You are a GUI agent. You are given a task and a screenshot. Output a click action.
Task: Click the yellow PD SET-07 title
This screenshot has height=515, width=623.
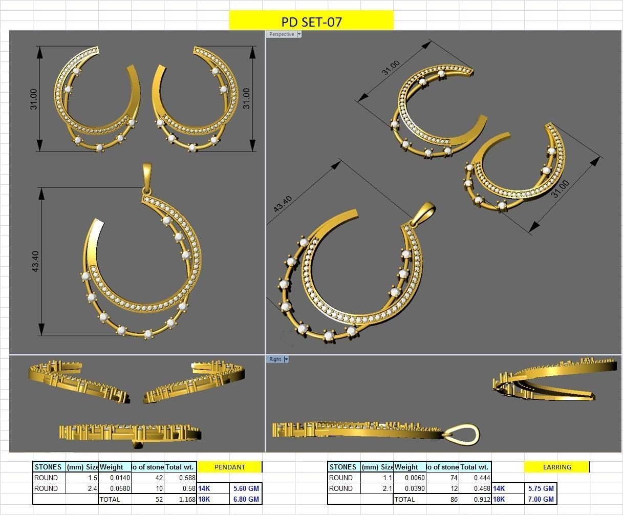[x=311, y=21]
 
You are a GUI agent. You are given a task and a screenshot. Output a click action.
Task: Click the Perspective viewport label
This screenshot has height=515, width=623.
[x=282, y=34]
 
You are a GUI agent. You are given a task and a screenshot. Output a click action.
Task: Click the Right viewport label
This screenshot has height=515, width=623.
[x=275, y=359]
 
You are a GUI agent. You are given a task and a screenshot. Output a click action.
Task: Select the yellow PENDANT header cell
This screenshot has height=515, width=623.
[x=229, y=467]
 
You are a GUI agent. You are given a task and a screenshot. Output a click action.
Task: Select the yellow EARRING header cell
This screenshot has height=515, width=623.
[x=557, y=467]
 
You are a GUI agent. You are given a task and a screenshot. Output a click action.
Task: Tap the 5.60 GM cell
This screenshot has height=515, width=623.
[x=246, y=488]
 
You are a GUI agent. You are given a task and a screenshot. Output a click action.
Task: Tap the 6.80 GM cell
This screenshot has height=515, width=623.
[x=246, y=499]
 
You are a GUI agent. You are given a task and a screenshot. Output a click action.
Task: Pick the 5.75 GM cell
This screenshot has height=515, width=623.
[x=541, y=488]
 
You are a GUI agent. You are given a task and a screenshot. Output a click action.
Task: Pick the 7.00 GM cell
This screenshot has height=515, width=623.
[x=541, y=499]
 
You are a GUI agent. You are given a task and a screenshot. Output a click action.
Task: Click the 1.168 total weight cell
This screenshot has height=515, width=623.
[x=181, y=499]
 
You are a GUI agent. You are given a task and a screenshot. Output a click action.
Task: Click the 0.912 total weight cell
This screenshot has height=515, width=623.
[x=476, y=499]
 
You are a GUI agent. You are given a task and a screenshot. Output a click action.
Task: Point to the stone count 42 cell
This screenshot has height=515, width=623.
[x=148, y=478]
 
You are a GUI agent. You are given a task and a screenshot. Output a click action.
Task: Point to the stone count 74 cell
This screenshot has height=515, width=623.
[x=443, y=478]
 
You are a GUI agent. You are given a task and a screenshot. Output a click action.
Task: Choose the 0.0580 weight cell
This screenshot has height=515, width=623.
[x=115, y=488]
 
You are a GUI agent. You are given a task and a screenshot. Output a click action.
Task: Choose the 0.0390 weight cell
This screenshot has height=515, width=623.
[x=410, y=488]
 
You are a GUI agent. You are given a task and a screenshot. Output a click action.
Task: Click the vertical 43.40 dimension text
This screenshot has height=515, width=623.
[x=35, y=261]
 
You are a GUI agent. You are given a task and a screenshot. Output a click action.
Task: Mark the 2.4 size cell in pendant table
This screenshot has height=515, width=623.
[x=82, y=488]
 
